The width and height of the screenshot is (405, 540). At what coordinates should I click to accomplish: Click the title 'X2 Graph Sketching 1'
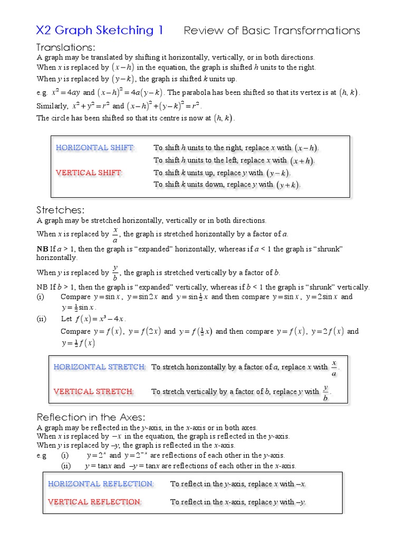(100, 31)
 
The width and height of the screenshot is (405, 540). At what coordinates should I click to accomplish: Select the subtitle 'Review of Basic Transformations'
(272, 31)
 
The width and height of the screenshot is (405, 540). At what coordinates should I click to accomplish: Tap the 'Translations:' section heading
(65, 48)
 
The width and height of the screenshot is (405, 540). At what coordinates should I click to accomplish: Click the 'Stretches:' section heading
(60, 210)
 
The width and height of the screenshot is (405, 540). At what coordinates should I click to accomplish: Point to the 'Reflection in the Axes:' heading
(90, 417)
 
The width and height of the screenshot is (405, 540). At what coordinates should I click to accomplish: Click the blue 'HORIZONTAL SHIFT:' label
(95, 148)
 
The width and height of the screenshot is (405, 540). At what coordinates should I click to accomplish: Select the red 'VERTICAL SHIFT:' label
(89, 172)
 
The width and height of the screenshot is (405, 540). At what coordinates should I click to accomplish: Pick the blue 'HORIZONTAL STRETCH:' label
(100, 367)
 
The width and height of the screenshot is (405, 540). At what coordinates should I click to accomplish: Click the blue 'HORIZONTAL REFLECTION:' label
(101, 484)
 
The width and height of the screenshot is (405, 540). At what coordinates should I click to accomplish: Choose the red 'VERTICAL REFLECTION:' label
(95, 502)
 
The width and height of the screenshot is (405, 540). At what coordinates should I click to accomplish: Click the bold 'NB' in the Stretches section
(42, 248)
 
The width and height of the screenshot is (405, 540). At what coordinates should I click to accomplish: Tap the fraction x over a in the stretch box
(334, 368)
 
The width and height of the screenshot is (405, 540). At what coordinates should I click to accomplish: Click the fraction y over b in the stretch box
(326, 392)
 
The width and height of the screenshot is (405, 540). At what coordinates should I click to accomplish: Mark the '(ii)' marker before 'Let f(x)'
(42, 319)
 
